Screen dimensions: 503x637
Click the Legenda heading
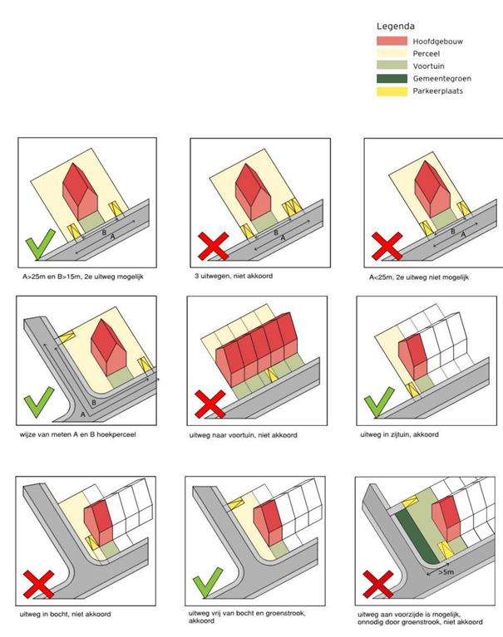[x=395, y=27]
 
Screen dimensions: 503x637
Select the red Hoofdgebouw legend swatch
[x=392, y=41]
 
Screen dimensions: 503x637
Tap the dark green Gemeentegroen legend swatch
[x=392, y=78]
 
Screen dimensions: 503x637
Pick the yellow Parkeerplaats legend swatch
[x=392, y=91]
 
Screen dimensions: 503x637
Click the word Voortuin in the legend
[x=428, y=66]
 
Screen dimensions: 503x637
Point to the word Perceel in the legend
[x=427, y=53]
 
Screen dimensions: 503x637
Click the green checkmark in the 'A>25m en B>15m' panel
[x=40, y=244]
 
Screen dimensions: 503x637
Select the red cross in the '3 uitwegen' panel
[x=213, y=246]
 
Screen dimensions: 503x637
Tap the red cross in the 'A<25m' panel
[x=387, y=246]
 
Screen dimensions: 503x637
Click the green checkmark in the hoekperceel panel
[x=38, y=402]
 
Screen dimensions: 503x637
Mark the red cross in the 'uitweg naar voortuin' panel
[x=210, y=404]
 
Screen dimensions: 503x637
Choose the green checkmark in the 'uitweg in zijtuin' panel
[x=379, y=402]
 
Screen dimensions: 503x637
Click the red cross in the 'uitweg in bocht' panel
[x=38, y=584]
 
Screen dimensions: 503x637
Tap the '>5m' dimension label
[x=446, y=572]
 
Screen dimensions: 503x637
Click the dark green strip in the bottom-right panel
[x=416, y=537]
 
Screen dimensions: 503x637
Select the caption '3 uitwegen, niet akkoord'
[x=234, y=276]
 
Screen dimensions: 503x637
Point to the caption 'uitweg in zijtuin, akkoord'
[x=399, y=434]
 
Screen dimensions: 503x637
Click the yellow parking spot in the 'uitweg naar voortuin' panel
[x=271, y=375]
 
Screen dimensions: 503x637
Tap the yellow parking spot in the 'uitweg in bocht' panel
[x=93, y=542]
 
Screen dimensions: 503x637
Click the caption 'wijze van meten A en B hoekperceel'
[x=77, y=434]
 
